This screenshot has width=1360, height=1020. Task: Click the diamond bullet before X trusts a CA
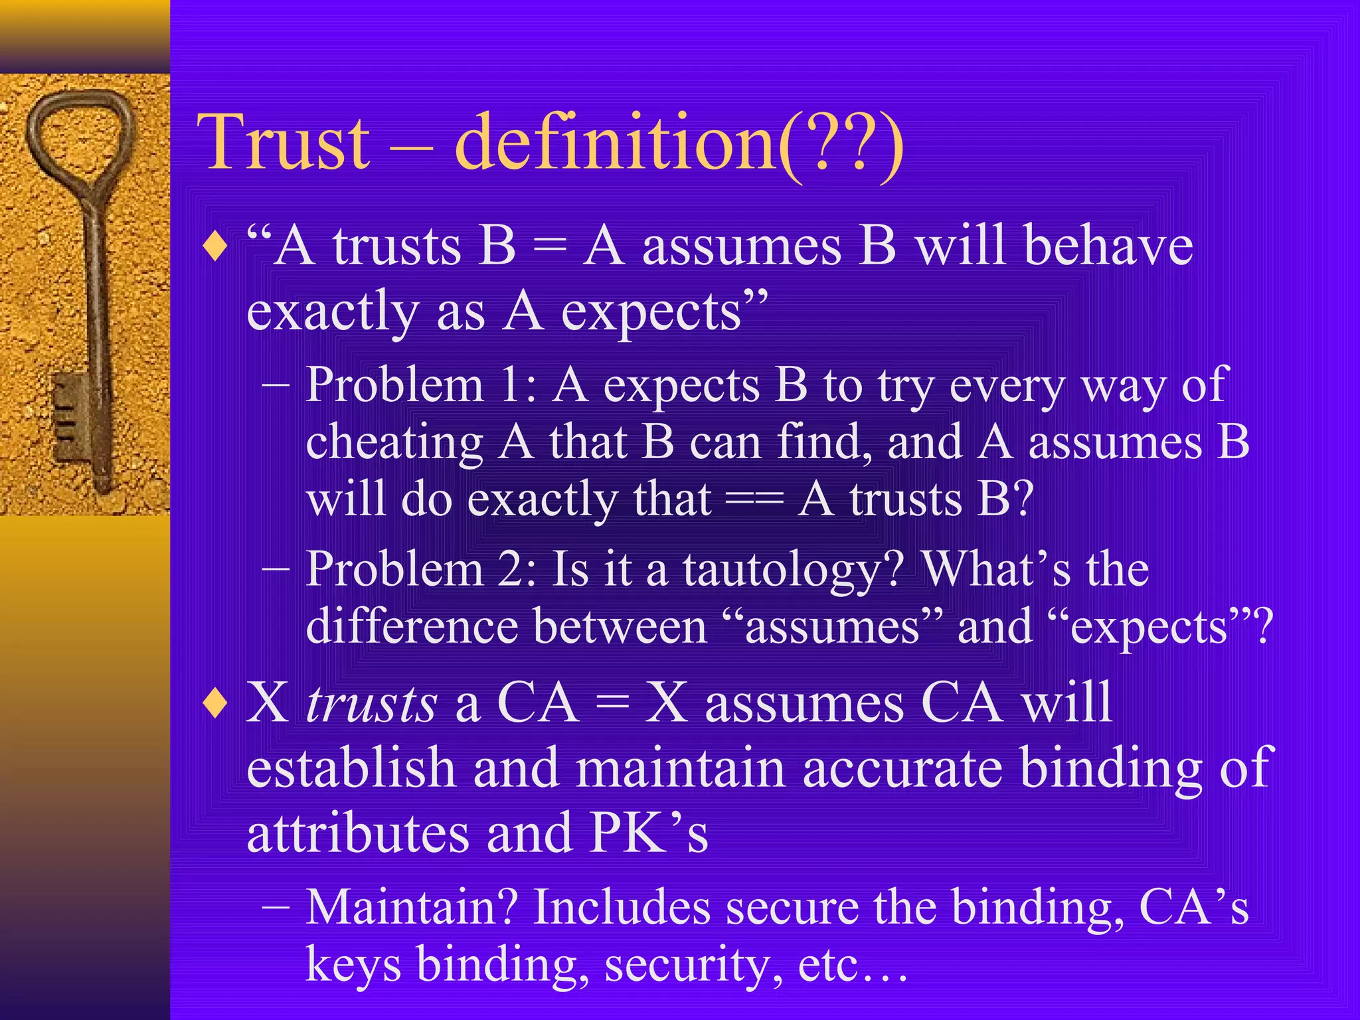click(x=216, y=705)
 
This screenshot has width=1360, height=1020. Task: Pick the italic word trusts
click(x=371, y=704)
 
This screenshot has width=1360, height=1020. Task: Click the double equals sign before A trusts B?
click(x=754, y=499)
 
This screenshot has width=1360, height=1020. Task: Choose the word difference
click(x=412, y=627)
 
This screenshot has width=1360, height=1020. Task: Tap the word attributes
click(x=358, y=833)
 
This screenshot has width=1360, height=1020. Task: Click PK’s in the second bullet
click(x=649, y=833)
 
